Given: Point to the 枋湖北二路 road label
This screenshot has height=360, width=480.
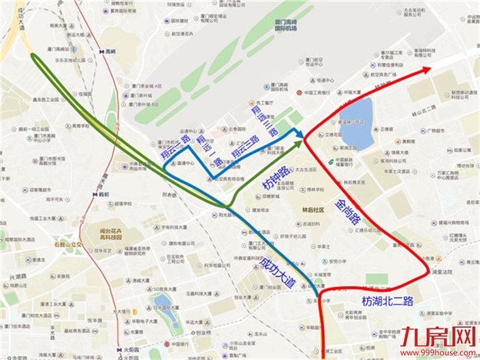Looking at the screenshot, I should (x=388, y=300).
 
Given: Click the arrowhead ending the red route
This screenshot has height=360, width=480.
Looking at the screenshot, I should (x=425, y=70).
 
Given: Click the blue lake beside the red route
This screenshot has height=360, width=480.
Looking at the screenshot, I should (x=356, y=121).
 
